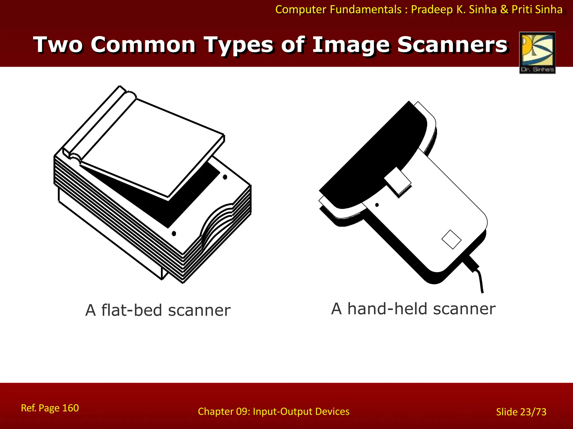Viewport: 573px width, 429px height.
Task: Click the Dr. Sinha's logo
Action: pyautogui.click(x=537, y=53)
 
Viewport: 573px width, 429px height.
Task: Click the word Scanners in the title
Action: pyautogui.click(x=452, y=45)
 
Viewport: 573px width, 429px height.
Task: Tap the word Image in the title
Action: pyautogui.click(x=351, y=45)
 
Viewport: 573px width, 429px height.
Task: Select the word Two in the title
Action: pyautogui.click(x=58, y=45)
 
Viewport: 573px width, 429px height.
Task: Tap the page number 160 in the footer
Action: pyautogui.click(x=70, y=408)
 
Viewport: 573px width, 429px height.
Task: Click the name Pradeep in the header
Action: pyautogui.click(x=432, y=9)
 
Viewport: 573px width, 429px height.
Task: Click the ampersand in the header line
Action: pyautogui.click(x=504, y=9)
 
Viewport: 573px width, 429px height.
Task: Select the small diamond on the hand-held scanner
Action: pyautogui.click(x=451, y=239)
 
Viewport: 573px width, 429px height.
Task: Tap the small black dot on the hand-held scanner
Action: pyautogui.click(x=377, y=205)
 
